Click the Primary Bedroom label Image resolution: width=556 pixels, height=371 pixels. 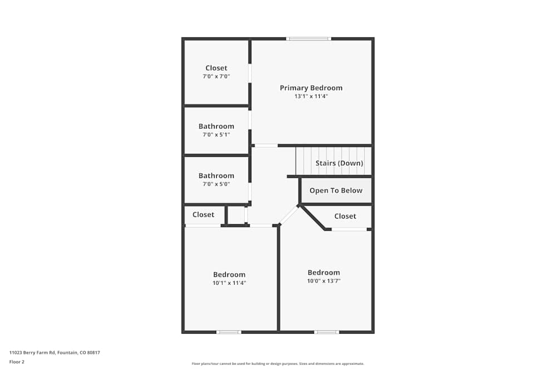[x=311, y=88]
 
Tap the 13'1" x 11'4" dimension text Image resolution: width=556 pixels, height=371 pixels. [x=311, y=96]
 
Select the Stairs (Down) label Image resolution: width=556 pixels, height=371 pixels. [x=339, y=163]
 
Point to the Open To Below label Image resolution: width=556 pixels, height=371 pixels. [x=336, y=190]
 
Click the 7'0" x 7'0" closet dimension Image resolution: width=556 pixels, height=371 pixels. [x=216, y=76]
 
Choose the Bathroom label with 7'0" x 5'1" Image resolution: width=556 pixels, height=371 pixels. [x=216, y=126]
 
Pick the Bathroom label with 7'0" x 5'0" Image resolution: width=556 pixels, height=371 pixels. [x=216, y=176]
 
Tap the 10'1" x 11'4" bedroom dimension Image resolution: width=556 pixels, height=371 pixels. [x=229, y=283]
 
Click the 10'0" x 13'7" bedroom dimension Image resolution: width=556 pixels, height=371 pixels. [x=324, y=281]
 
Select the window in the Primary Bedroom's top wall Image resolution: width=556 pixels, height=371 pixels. [x=309, y=38]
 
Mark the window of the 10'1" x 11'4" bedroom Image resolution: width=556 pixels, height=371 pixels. [x=229, y=332]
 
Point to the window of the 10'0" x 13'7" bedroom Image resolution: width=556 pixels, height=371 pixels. [x=326, y=332]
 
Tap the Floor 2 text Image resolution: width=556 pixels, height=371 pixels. [x=17, y=362]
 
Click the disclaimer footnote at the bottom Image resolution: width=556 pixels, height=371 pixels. [x=277, y=364]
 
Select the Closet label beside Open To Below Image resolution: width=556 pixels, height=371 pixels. [x=345, y=216]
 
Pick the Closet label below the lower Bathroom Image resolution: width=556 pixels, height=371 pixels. [x=203, y=215]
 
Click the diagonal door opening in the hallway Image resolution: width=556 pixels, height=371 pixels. [x=289, y=215]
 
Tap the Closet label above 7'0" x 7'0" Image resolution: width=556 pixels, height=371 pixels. [x=216, y=68]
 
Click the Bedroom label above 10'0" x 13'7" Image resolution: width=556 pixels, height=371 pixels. [x=324, y=273]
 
